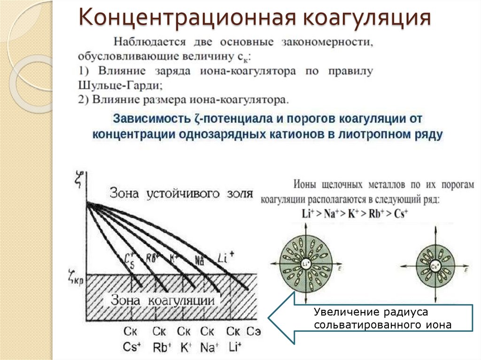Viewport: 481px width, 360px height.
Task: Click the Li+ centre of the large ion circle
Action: pos(306,264)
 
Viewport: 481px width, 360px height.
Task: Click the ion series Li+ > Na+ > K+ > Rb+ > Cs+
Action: pos(355,212)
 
